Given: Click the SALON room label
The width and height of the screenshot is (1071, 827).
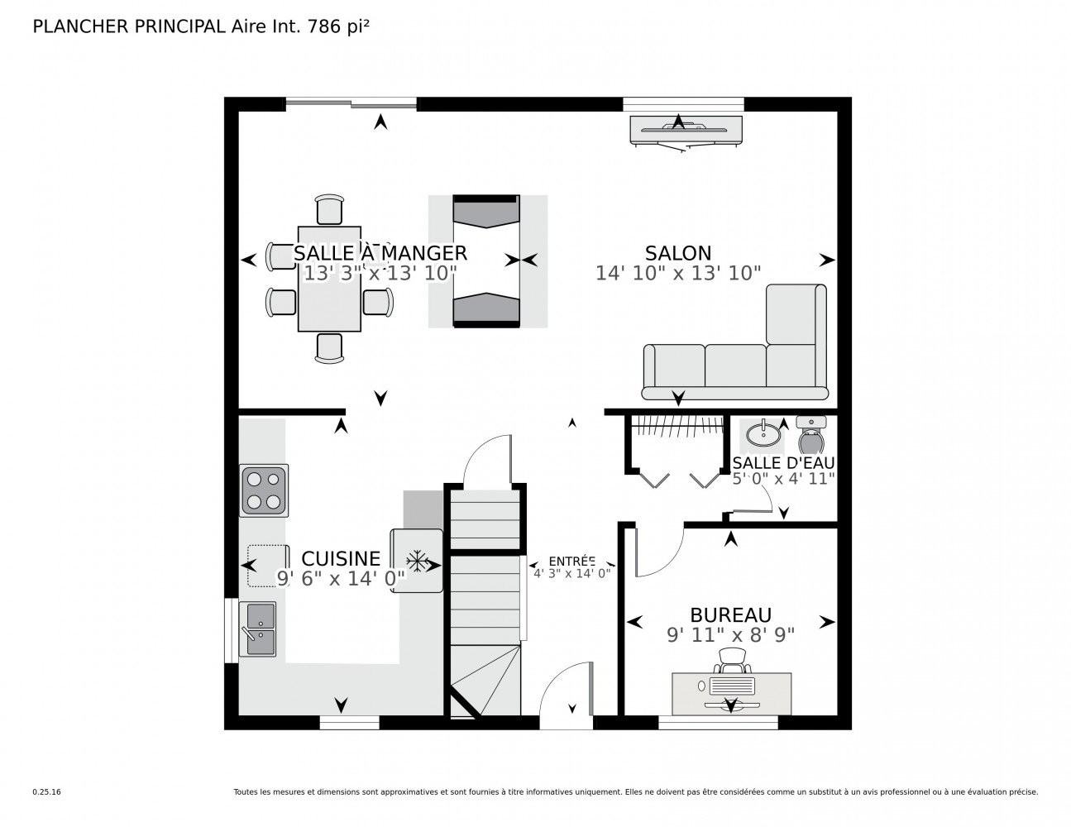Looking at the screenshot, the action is pyautogui.click(x=678, y=253).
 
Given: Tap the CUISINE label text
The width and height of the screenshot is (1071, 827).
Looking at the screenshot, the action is pyautogui.click(x=341, y=559).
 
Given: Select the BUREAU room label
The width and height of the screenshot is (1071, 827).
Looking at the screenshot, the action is pyautogui.click(x=730, y=615).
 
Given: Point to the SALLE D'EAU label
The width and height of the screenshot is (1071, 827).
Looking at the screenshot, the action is pyautogui.click(x=783, y=463).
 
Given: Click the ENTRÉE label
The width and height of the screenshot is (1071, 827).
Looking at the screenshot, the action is pyautogui.click(x=571, y=562).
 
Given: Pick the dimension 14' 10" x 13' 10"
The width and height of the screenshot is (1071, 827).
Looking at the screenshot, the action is pyautogui.click(x=678, y=273).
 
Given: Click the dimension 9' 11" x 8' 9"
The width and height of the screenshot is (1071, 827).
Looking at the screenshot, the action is pyautogui.click(x=730, y=635).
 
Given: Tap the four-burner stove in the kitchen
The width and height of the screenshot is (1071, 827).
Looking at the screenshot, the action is pyautogui.click(x=264, y=490).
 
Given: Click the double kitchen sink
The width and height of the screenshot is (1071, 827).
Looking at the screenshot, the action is pyautogui.click(x=258, y=629).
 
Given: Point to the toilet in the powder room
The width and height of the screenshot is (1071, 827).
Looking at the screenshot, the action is pyautogui.click(x=811, y=436).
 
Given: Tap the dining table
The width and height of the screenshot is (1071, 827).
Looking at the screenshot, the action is pyautogui.click(x=329, y=279).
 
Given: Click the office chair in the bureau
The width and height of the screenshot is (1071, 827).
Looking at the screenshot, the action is pyautogui.click(x=733, y=661).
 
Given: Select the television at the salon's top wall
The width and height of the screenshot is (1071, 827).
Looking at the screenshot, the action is pyautogui.click(x=686, y=131).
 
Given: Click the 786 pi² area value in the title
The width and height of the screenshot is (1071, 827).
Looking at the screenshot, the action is pyautogui.click(x=338, y=26).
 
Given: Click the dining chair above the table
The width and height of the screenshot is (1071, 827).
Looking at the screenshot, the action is pyautogui.click(x=329, y=209).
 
